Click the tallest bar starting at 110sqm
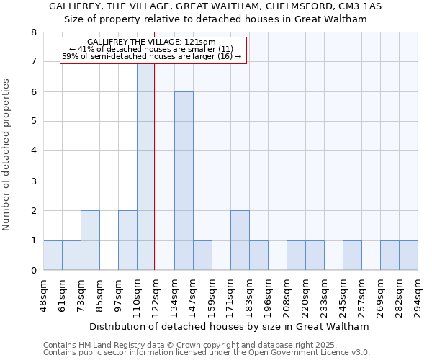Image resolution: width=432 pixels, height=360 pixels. (x=146, y=166)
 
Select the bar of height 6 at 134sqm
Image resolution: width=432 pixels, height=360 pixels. (x=184, y=181)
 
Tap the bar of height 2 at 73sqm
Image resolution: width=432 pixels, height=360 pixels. (x=90, y=240)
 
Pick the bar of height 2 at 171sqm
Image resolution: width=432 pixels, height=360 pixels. (x=240, y=240)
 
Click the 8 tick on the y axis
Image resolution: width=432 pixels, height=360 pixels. (x=33, y=32)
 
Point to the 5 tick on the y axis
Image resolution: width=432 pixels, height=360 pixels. (x=33, y=122)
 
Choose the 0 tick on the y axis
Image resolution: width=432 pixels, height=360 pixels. (x=33, y=271)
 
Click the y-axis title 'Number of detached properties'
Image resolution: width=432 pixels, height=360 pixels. (x=7, y=155)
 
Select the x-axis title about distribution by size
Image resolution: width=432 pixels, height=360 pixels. (x=230, y=326)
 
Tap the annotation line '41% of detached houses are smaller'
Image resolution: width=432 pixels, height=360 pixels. (x=151, y=49)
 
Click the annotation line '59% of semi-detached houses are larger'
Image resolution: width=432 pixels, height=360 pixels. (x=151, y=55)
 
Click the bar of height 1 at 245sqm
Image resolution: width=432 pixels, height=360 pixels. (x=352, y=256)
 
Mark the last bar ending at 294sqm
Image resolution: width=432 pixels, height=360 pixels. (x=408, y=256)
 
